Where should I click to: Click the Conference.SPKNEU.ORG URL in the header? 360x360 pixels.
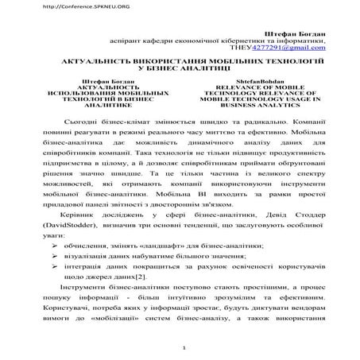(x=44, y=6)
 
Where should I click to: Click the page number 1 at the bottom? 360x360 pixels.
(x=184, y=348)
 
